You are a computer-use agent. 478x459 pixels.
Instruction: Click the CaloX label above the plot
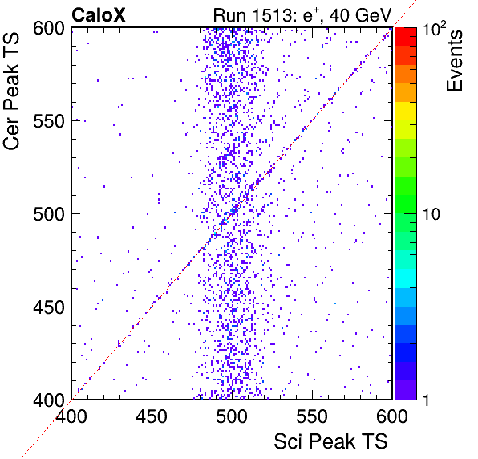pos(99,15)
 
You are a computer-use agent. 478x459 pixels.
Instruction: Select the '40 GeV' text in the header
pos(360,15)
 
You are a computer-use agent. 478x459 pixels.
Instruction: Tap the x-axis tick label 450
pos(152,416)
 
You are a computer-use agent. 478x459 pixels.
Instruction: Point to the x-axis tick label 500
pos(232,416)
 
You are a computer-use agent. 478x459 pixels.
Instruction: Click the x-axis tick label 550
pos(312,416)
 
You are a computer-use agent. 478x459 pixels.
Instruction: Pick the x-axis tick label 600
pos(392,416)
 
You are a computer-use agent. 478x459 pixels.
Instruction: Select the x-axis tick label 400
pos(71,416)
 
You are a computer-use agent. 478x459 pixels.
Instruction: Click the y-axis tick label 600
pos(49,29)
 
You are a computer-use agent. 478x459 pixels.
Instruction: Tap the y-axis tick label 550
pos(49,122)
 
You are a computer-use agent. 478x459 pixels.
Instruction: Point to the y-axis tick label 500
pos(49,214)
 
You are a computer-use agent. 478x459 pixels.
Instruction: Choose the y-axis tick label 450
pos(49,307)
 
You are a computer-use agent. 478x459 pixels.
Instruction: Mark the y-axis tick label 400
pos(49,400)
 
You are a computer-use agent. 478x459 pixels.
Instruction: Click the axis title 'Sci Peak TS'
pos(330,441)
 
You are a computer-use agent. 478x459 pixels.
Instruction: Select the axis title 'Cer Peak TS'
pos(11,91)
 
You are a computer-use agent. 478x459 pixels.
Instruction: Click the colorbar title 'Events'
pos(454,61)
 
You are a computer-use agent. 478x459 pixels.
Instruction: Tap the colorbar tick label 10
pos(431,214)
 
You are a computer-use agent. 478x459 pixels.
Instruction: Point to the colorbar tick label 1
pos(427,400)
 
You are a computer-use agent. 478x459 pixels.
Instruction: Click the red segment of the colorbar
pos(406,37)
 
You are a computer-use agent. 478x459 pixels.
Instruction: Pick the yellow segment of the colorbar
pos(406,111)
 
